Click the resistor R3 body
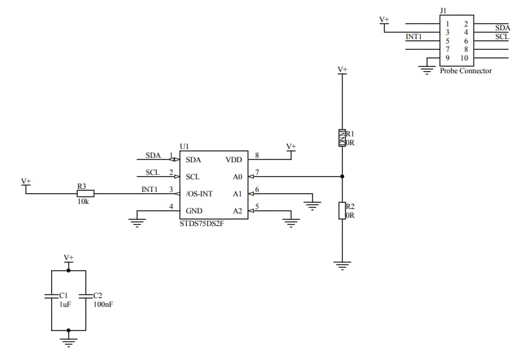coord(85,193)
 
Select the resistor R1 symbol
coord(342,138)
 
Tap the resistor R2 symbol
coord(342,210)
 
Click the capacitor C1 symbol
coord(51,296)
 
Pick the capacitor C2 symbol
coord(85,296)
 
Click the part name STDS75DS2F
coord(201,223)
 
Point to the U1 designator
coord(184,146)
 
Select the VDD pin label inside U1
coord(233,160)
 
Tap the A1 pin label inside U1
coord(237,194)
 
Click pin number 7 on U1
coord(257,172)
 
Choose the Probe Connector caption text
coord(465,71)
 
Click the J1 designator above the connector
coord(443,11)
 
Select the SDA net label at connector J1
coord(502,28)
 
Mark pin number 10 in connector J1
coord(464,58)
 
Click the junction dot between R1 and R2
coord(342,176)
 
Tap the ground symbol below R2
coord(342,266)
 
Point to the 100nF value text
coord(103,304)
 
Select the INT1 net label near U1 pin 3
coord(150,189)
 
